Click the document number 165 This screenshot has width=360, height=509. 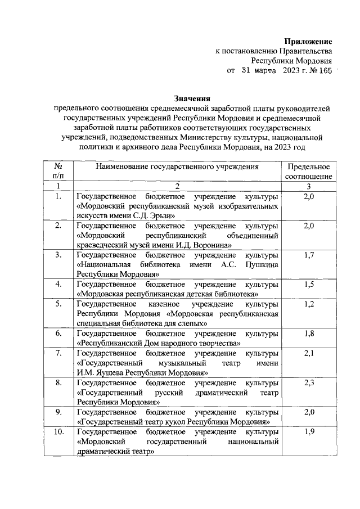325,71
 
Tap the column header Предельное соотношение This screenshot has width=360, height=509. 308,172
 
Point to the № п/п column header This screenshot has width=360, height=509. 58,172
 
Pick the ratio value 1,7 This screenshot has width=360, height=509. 308,255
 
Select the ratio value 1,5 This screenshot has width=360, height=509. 308,285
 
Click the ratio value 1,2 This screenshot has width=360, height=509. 308,304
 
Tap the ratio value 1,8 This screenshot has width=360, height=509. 308,334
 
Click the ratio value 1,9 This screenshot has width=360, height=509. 308,432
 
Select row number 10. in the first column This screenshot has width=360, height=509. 58,432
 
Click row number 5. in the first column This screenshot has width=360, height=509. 58,304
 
